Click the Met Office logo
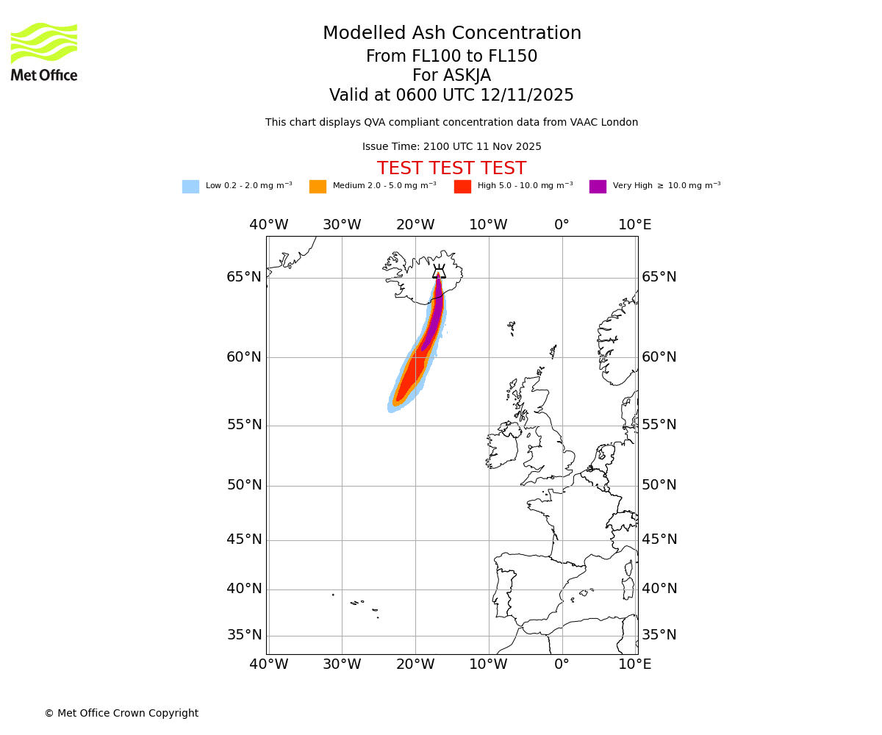coord(44,52)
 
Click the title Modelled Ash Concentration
coord(451,34)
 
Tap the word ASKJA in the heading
coord(451,76)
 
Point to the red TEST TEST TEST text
coord(451,168)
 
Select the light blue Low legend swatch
coord(190,187)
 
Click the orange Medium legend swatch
coord(318,187)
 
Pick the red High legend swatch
coord(462,187)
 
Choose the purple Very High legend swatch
coord(598,187)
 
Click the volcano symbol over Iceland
coord(439,271)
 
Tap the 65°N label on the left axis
coord(244,277)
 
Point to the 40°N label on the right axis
coord(659,589)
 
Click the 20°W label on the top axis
coord(415,225)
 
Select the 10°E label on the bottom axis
coord(635,664)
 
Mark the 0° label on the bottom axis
coord(562,664)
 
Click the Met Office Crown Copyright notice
coord(121,713)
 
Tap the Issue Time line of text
coord(451,147)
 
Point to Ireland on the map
coord(502,449)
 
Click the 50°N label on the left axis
coord(244,485)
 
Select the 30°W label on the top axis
coord(342,225)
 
